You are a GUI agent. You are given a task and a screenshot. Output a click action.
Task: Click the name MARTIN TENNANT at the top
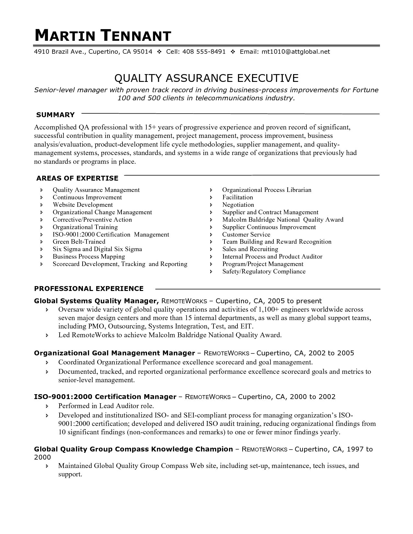(103, 36)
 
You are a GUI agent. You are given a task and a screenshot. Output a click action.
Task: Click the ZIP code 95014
(142, 52)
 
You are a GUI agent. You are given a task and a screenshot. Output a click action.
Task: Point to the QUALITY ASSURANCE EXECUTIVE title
(206, 78)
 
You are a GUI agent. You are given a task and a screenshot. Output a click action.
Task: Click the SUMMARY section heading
(55, 115)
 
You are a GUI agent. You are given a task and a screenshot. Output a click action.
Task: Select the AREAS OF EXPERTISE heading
(77, 178)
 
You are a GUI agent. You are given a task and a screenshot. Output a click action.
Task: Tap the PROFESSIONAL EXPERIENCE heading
(89, 289)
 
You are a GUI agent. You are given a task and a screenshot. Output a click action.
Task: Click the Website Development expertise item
(83, 205)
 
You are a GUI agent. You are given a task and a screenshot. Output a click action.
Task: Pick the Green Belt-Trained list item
(79, 242)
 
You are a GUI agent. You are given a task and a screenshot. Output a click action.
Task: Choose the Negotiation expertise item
(238, 205)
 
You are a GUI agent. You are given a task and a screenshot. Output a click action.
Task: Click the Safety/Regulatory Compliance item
(264, 272)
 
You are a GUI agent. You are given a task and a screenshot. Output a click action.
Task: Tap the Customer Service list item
(246, 235)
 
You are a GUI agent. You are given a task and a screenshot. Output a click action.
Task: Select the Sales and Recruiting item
(250, 249)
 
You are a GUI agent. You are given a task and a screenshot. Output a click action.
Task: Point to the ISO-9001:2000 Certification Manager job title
(105, 397)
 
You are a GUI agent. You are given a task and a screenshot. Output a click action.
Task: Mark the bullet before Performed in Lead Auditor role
(47, 406)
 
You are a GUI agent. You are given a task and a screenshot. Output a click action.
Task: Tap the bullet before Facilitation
(211, 197)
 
